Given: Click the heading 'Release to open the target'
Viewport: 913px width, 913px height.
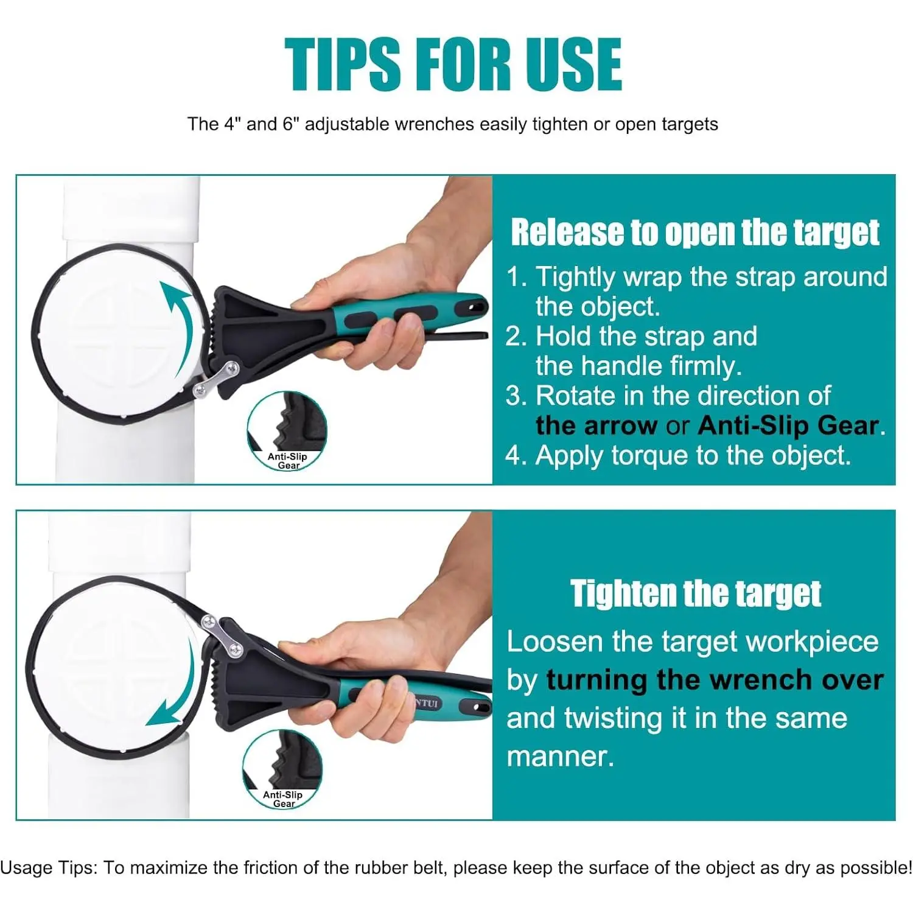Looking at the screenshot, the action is [x=695, y=233].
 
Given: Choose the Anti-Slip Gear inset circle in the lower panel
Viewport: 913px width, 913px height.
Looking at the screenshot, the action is [x=282, y=769].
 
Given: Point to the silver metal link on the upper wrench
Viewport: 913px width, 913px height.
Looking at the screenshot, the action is [x=215, y=378].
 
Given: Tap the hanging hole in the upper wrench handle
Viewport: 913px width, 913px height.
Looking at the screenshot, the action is [x=476, y=303].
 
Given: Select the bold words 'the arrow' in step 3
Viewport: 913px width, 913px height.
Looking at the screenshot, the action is [x=596, y=425].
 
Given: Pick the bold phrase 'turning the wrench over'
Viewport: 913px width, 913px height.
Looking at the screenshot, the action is [x=715, y=680].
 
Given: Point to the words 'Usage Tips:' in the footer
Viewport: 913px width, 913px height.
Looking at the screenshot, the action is [x=49, y=868].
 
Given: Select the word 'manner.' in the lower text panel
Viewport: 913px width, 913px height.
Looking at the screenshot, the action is [x=561, y=757].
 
